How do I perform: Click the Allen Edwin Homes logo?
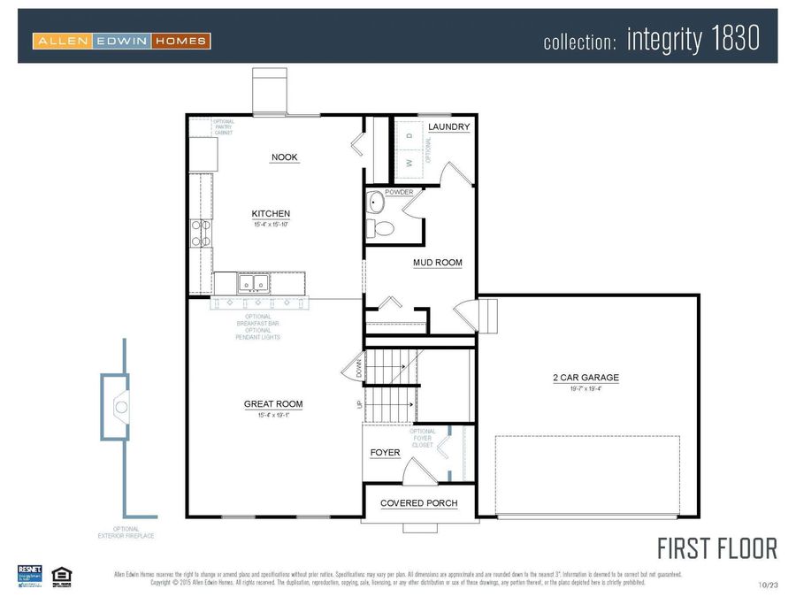coord(121,40)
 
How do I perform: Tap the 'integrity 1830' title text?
coord(693,39)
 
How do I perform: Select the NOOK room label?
coord(285,157)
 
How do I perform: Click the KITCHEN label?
coord(271,214)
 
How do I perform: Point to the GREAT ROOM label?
coord(273,404)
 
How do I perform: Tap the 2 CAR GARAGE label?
coord(586,378)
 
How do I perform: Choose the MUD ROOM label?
coord(437,263)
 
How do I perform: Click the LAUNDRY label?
coord(448,127)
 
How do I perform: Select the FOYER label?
coord(385,453)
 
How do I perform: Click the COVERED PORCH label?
coord(418,503)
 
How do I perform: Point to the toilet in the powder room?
coord(382,228)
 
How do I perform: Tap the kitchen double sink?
coord(253,284)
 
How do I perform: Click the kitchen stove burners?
coord(200,232)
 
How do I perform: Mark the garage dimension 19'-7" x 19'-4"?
coord(586,388)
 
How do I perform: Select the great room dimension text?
coord(273,415)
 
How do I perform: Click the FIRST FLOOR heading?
coord(717,547)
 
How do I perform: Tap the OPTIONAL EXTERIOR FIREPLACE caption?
coord(119,532)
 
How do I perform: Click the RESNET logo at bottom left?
coord(30,574)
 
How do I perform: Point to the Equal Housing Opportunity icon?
coord(61,574)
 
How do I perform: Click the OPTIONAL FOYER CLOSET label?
coord(423,438)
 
